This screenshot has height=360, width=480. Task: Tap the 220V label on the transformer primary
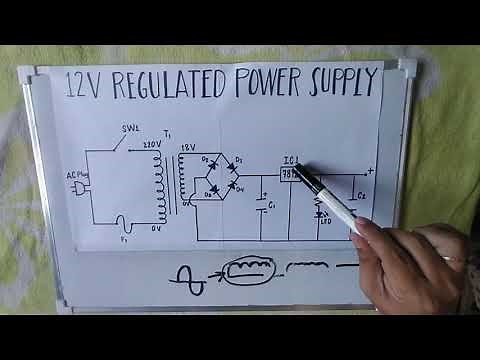pyautogui.click(x=151, y=144)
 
